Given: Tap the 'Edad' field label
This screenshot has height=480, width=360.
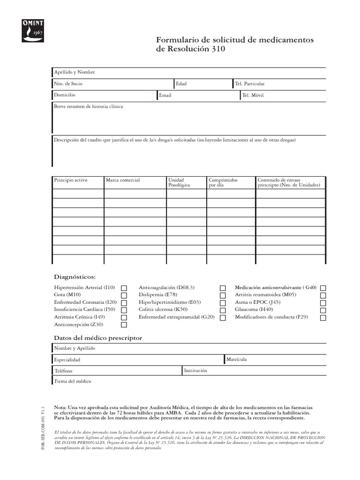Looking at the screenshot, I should pos(181,84).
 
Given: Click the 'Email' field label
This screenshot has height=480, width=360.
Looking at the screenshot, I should pos(165,95).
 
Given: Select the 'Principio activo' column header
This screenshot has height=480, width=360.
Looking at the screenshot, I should pos(71,180).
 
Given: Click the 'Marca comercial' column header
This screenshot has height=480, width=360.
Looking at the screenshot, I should pos(123,180).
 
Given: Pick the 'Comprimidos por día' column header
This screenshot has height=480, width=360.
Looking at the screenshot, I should pos(223,182).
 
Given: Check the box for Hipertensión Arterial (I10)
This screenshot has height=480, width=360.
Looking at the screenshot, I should pos(124,288).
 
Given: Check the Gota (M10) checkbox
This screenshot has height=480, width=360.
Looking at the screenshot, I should pos(124,295).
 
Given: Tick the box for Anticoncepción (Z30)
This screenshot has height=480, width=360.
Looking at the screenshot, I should pos(124,325).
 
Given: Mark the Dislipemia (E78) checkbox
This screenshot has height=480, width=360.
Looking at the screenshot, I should pos(223,295).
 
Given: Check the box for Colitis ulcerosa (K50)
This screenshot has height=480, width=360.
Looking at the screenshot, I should pos(223,310).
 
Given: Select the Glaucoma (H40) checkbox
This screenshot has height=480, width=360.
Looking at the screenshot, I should pos(323,310).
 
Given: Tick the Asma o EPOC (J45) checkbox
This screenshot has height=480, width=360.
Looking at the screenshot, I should pos(323,303).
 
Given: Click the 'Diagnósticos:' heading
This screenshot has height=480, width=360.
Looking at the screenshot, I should pos(75,277).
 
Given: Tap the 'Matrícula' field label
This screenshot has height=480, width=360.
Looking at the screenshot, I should pos(236,360).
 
